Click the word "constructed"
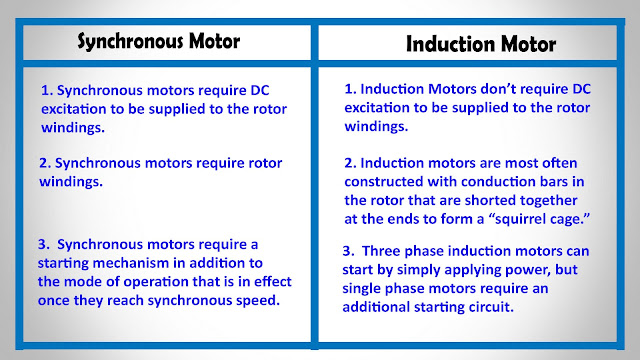pyautogui.click(x=384, y=182)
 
